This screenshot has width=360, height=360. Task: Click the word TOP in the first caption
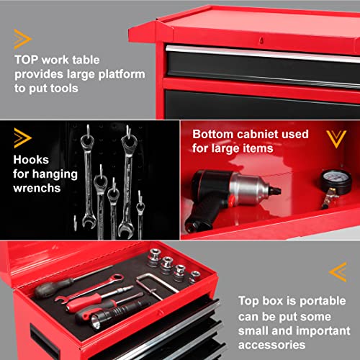27,60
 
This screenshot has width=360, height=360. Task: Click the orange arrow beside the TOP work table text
22,39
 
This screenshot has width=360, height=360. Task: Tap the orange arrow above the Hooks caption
22,137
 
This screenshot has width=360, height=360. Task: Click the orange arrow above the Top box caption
337,271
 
